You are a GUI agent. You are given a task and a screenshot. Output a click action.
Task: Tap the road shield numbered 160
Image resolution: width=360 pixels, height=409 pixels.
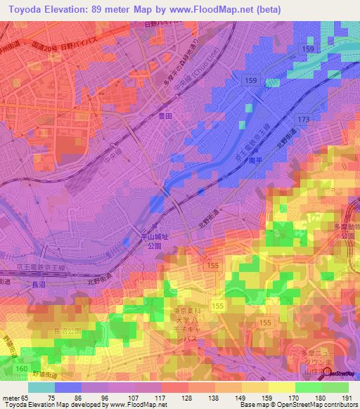[21, 368]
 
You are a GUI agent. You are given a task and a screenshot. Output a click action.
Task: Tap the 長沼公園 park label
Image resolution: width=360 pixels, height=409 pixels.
[67, 330]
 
